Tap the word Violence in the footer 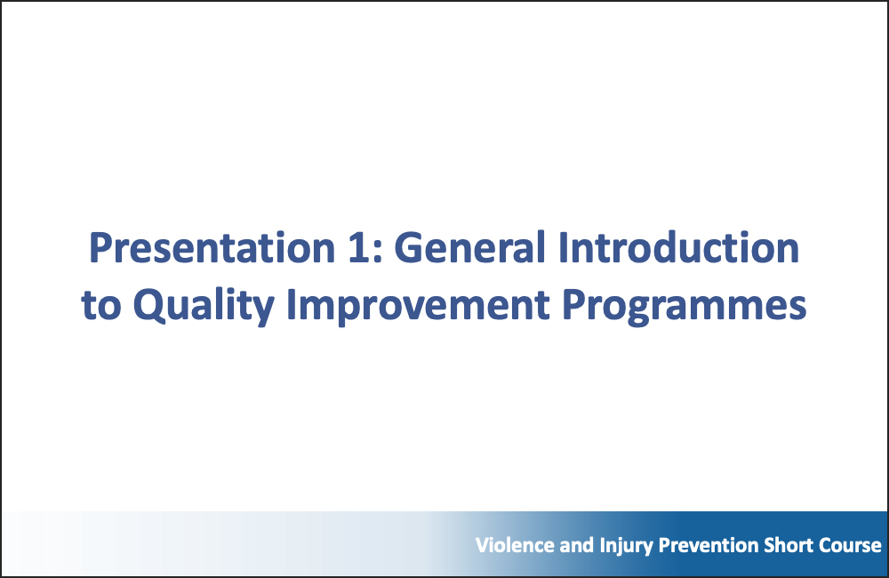click(509, 545)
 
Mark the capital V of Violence click(480, 545)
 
